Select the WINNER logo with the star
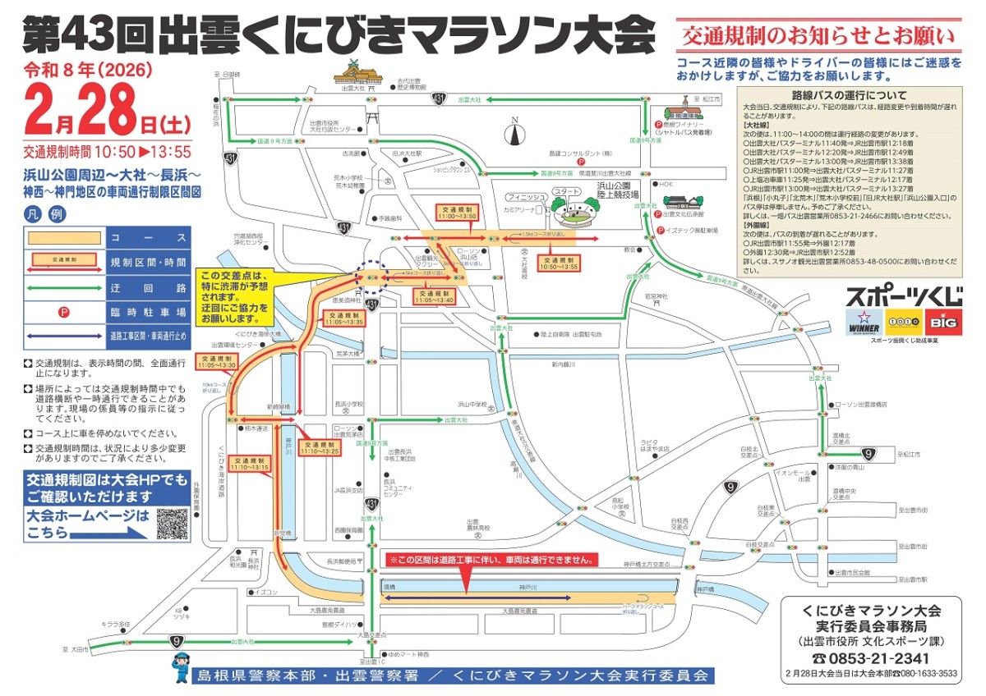[x=863, y=322]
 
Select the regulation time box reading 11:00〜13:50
[x=456, y=212]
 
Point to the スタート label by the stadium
[x=566, y=191]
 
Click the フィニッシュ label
[x=525, y=197]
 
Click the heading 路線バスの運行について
[x=849, y=94]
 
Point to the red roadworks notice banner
[x=491, y=560]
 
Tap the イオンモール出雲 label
[x=793, y=476]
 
